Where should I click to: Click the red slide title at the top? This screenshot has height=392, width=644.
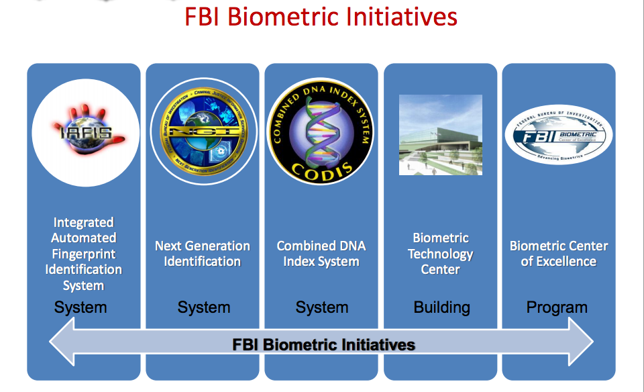click(321, 17)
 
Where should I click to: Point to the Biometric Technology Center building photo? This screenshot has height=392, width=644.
click(440, 135)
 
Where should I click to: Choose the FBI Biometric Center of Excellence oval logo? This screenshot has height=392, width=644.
click(559, 135)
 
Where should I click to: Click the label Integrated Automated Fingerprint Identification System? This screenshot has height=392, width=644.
click(84, 254)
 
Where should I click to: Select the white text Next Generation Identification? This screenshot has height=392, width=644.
click(203, 254)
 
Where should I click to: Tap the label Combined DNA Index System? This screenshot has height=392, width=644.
click(321, 254)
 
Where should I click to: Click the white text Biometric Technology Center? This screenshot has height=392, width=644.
click(440, 254)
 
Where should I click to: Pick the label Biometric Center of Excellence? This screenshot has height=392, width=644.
click(559, 254)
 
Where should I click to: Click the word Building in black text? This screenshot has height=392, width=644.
click(441, 307)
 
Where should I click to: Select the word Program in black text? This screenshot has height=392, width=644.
click(557, 307)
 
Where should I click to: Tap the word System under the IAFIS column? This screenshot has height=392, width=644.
click(80, 307)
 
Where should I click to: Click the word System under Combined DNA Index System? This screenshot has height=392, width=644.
click(322, 307)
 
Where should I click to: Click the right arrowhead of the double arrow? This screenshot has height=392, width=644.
click(580, 344)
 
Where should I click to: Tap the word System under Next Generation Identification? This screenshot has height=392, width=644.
click(204, 307)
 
